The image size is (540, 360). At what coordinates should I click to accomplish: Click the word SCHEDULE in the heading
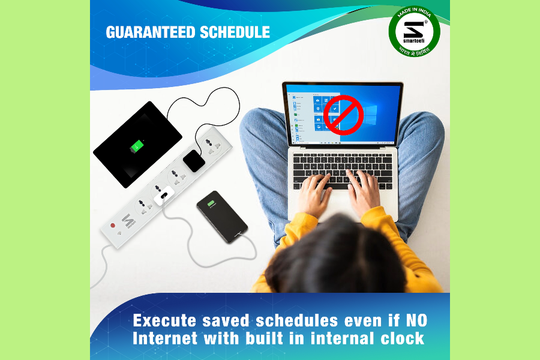click(231, 32)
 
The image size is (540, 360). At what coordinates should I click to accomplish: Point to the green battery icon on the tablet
click(138, 146)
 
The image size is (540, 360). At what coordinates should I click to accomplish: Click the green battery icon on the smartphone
click(211, 205)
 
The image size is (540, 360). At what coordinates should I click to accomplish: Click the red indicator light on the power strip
click(112, 226)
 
